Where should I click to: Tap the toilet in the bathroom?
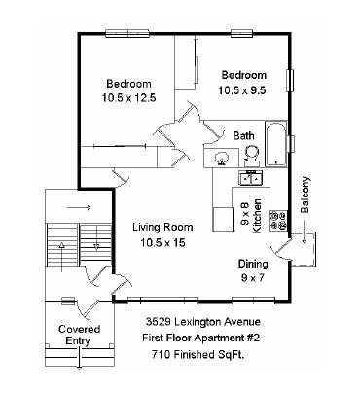pos(251,153)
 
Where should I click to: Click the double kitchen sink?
pos(250,177)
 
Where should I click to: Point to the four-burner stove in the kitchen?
pos(278,220)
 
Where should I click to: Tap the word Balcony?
pos(306,195)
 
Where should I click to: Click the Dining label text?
pos(253,264)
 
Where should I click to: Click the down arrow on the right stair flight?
pos(95,245)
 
